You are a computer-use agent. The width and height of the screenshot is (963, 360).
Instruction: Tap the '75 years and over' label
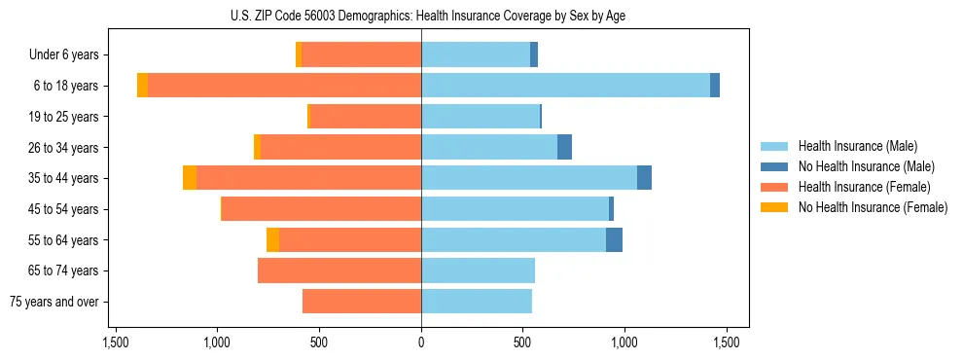[x=54, y=302]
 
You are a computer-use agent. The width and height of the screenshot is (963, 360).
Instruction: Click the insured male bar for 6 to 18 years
[x=565, y=86]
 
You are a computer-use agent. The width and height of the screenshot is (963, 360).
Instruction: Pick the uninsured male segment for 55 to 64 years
[x=614, y=239]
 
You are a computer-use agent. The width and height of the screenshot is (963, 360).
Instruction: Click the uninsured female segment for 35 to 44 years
[x=190, y=178]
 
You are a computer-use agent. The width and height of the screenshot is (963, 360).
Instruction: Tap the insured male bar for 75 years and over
[x=477, y=302]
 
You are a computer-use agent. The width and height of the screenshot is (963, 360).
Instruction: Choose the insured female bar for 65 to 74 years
[x=339, y=270]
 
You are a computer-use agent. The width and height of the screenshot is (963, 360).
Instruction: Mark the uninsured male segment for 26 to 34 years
[x=564, y=147]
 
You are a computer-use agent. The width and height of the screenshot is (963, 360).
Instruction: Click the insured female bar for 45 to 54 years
[x=321, y=209]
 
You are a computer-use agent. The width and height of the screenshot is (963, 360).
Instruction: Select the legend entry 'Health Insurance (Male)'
[x=858, y=146]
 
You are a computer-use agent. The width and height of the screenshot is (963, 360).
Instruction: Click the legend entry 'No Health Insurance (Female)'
[x=873, y=207]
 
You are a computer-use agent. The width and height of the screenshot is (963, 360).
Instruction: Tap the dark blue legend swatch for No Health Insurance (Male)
[x=774, y=166]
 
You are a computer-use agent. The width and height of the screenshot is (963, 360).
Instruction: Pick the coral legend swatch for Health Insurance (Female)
[x=774, y=187]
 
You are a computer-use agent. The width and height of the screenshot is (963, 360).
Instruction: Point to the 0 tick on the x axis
[x=421, y=342]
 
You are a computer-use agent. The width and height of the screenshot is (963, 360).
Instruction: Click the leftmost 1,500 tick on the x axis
[x=116, y=342]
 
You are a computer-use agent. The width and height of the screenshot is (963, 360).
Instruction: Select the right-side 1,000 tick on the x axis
[x=624, y=342]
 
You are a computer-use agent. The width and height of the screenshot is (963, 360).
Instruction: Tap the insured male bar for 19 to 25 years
[x=481, y=117]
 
